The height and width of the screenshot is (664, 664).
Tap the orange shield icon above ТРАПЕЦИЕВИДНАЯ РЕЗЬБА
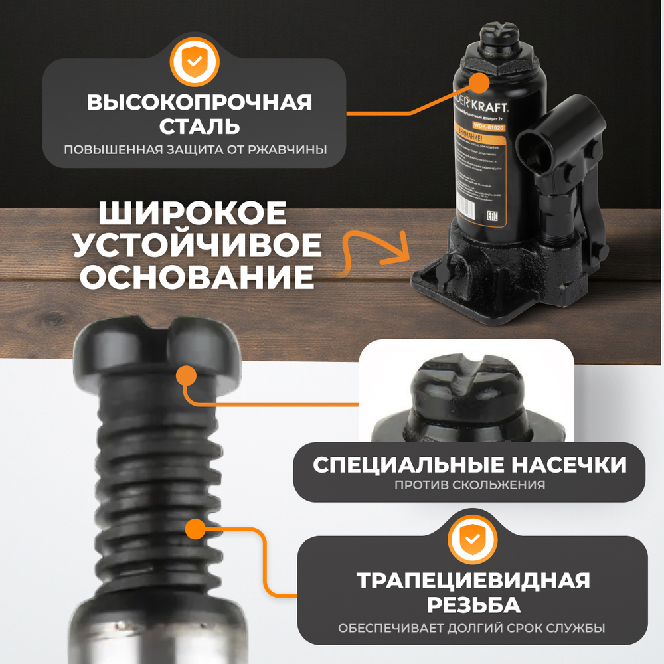click(x=471, y=539)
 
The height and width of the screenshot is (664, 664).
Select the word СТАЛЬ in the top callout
click(x=195, y=125)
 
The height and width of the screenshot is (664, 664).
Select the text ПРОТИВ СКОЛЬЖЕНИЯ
click(x=470, y=485)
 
